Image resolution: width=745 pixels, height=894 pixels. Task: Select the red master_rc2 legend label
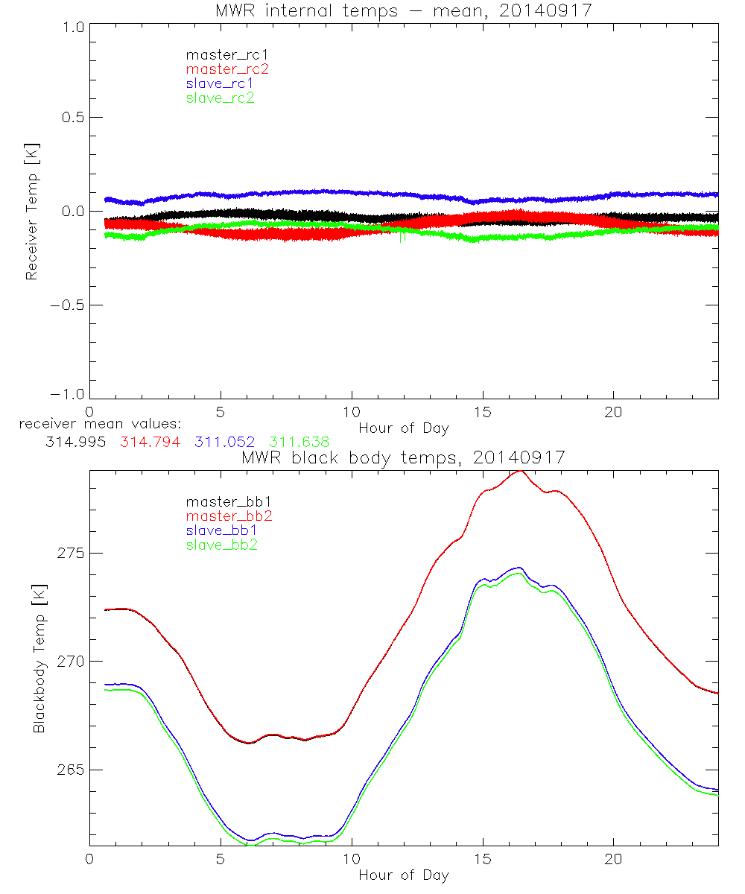point(227,69)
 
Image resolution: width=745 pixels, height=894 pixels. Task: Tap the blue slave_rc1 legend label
point(220,83)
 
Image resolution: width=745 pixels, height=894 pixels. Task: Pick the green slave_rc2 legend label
point(220,98)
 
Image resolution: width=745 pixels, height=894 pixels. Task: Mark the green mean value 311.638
point(299,443)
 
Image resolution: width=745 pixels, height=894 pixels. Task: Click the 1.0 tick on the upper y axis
point(72,24)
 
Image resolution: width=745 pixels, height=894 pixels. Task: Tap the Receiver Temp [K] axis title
point(31,211)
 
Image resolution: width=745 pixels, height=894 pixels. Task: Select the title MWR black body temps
point(403,457)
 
